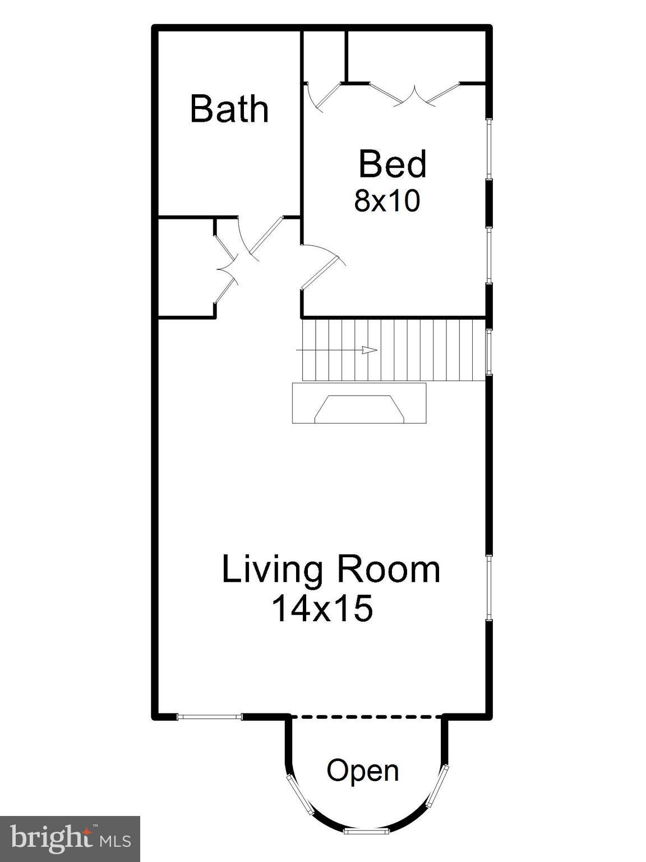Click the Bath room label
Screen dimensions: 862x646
[x=229, y=109]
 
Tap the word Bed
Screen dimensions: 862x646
[x=393, y=164]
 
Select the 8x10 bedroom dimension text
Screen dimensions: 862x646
[x=387, y=201]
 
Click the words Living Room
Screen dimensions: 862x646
[x=331, y=570]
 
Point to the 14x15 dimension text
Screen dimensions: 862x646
[x=322, y=608]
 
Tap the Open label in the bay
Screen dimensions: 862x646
[x=363, y=771]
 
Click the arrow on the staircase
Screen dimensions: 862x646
[x=368, y=350]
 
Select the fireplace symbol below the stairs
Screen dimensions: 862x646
[x=359, y=403]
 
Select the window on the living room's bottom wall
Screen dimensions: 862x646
[x=210, y=716]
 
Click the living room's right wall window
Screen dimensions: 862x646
[x=489, y=588]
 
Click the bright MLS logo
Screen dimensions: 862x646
[x=70, y=840]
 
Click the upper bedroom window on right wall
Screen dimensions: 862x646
[x=489, y=149]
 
